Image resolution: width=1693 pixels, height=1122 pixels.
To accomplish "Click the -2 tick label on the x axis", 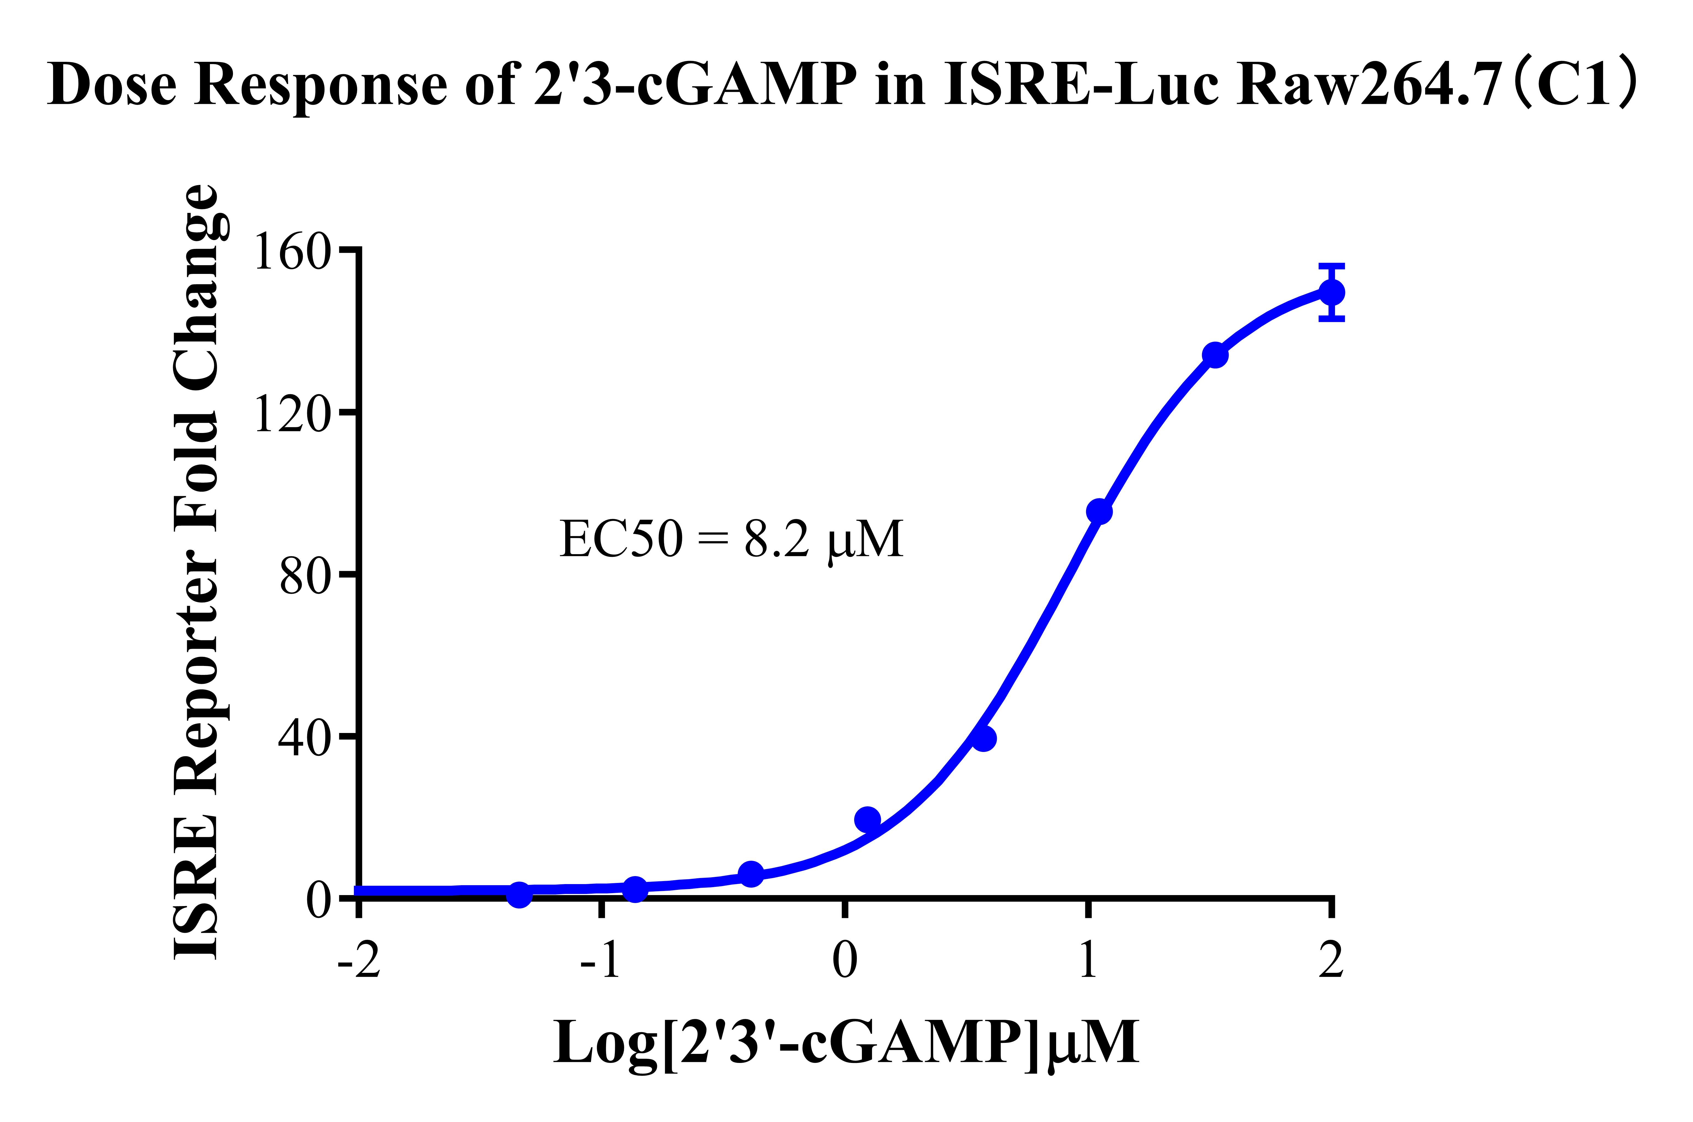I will tap(359, 960).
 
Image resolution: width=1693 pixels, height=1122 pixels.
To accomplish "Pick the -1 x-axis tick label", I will tap(601, 960).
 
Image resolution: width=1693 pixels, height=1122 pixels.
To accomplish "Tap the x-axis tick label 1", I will tap(1088, 960).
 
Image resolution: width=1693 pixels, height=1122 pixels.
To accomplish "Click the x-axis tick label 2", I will tap(1331, 960).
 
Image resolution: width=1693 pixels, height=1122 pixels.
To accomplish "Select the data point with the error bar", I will tap(1331, 292).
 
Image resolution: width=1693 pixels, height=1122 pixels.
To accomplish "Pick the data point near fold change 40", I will tap(983, 738).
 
